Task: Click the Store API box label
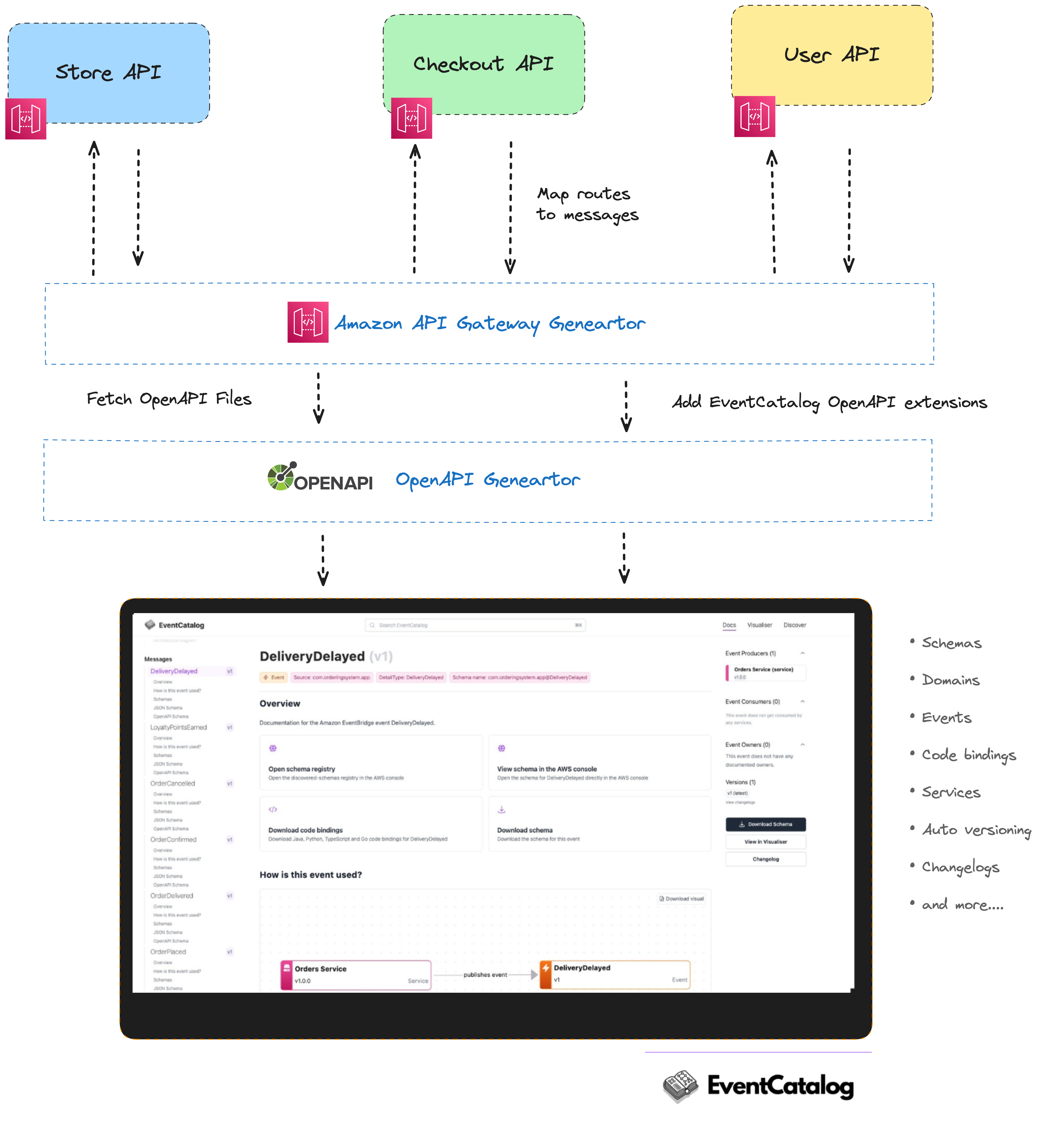(108, 72)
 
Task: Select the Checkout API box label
(483, 64)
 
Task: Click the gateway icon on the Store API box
(26, 119)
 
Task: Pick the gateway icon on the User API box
(754, 117)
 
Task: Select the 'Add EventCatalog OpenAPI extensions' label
(829, 402)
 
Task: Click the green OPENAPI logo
(320, 478)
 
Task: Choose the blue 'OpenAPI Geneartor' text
(488, 480)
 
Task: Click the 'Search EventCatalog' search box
(475, 625)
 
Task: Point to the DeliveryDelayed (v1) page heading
(326, 657)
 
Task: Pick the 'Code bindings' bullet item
(969, 755)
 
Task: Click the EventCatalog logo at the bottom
(759, 1086)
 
